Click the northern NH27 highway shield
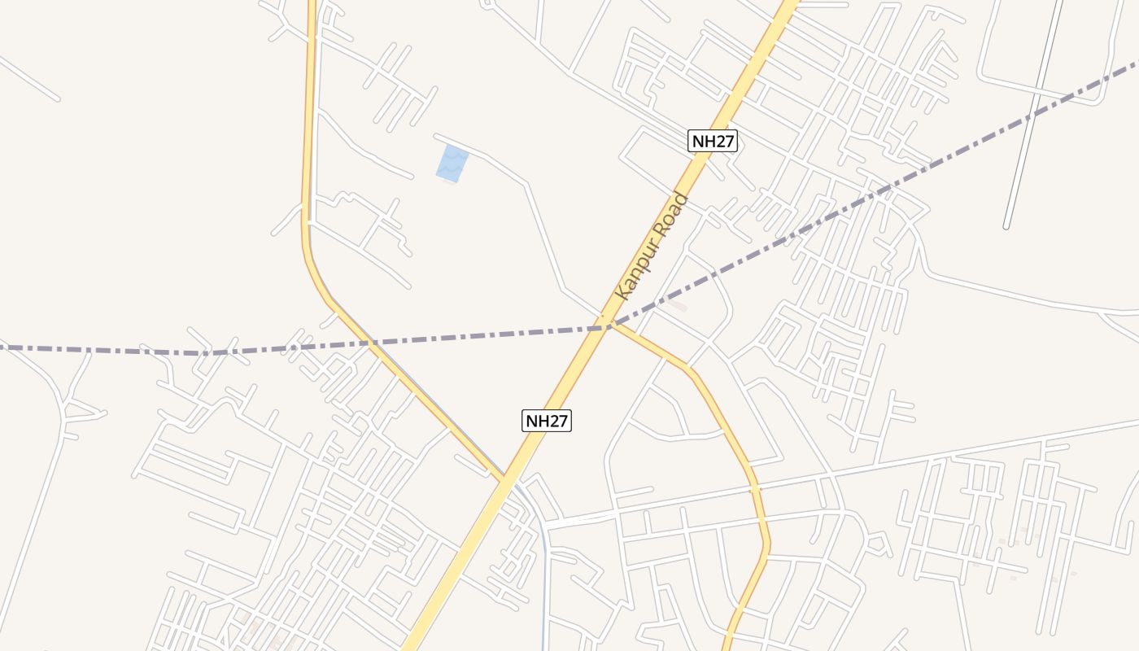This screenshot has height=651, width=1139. pos(713,141)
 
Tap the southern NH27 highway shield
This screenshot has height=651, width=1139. pos(547,421)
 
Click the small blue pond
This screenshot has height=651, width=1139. pos(452,163)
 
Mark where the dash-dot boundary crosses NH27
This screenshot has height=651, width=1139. pos(606,327)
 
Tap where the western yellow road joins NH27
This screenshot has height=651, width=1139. pos(505,476)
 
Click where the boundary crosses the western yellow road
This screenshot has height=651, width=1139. pos(370,343)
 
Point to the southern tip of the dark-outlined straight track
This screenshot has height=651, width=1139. pos(1006,226)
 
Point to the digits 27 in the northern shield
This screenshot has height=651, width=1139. pos(722,141)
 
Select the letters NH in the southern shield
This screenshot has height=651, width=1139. pos(536,421)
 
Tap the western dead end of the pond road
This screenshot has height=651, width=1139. pos(436,135)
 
